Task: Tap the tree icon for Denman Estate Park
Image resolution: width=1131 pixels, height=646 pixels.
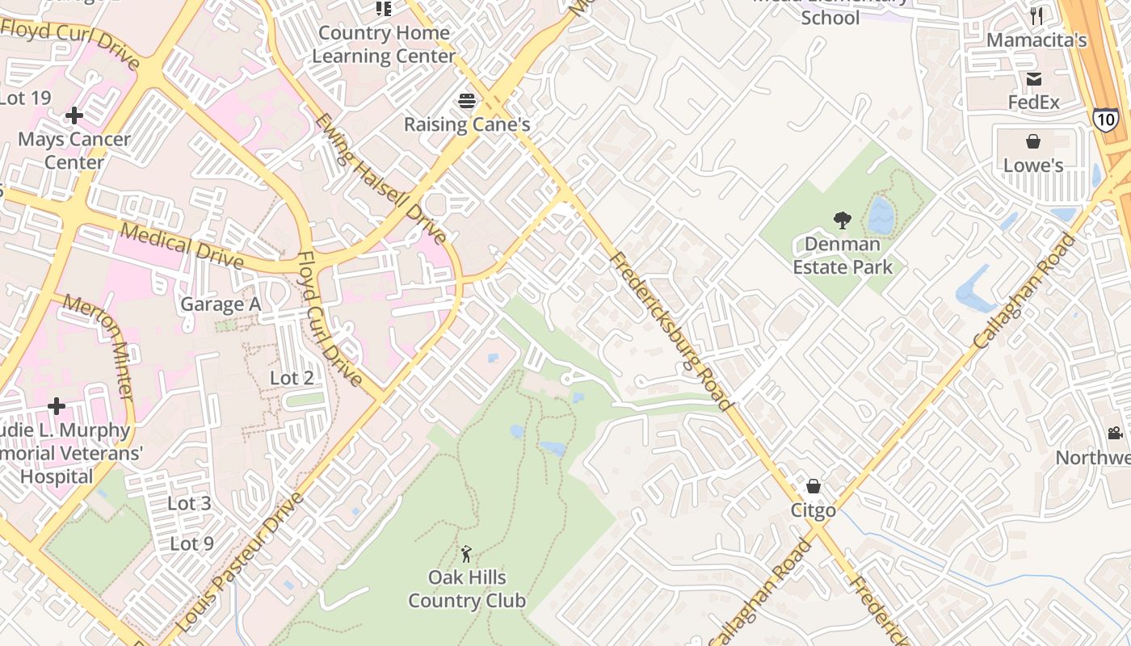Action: point(842,220)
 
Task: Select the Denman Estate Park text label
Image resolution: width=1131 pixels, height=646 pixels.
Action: point(843,255)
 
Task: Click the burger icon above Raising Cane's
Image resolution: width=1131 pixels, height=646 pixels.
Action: point(467,101)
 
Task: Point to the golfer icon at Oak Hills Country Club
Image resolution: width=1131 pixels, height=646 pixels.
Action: point(466,554)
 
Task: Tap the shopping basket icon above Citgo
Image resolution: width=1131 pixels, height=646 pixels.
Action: point(814,486)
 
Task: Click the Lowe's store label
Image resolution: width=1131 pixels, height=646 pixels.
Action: point(1032,166)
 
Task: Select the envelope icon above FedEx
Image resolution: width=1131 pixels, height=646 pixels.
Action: point(1033,79)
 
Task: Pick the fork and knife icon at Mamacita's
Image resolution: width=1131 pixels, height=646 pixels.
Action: point(1036,16)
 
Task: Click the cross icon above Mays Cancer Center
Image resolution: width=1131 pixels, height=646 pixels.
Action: point(74,115)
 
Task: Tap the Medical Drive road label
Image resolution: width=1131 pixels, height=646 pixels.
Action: point(182,245)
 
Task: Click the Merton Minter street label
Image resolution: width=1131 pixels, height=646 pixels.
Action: point(99,347)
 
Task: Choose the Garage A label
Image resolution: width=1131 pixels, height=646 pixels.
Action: point(221,304)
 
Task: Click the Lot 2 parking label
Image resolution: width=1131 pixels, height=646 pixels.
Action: point(292,378)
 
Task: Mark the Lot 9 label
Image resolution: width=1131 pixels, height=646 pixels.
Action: point(191,543)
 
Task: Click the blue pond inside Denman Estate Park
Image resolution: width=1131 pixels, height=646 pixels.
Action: point(881,216)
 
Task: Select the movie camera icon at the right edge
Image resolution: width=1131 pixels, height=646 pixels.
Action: point(1115,434)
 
